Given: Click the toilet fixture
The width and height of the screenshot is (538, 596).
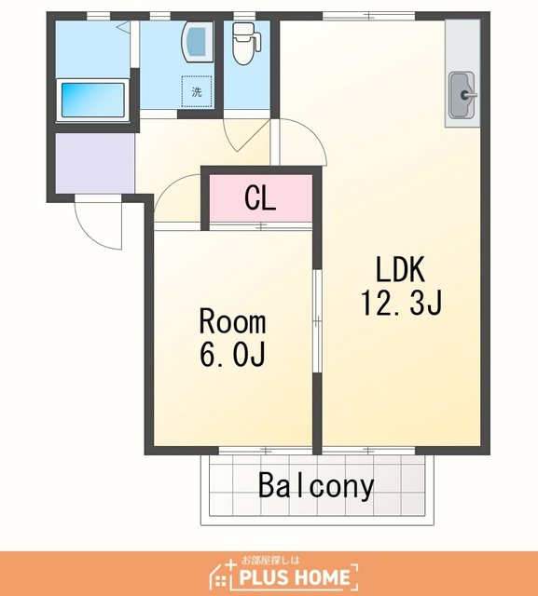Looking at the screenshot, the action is [245, 44].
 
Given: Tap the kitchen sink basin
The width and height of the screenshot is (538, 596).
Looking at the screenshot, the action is [462, 95].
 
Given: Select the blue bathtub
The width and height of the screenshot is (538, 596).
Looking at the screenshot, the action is [93, 101].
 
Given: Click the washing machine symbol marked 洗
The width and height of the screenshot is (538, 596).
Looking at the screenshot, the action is [197, 91].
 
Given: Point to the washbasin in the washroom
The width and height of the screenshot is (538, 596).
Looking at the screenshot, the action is [197, 41].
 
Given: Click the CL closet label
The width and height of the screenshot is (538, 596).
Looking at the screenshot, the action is [260, 198].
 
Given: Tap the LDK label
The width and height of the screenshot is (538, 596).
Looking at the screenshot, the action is [400, 269].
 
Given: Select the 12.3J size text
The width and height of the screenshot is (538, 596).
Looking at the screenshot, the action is [402, 303].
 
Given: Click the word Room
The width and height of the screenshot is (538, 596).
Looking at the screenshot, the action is [232, 321].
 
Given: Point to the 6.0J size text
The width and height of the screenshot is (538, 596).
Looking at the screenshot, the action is [232, 354].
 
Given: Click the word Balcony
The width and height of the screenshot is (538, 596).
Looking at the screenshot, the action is [316, 487].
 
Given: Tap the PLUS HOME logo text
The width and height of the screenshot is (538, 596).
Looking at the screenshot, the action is [295, 577].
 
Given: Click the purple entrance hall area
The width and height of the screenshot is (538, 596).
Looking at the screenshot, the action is [95, 163].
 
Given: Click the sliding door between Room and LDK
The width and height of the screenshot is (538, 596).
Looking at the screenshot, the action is [317, 321].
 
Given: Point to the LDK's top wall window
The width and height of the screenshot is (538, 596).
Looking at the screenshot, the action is [368, 16].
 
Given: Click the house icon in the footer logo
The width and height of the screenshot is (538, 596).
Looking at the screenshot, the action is [223, 574].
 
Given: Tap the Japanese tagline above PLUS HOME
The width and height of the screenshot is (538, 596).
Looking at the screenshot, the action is [271, 560].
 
